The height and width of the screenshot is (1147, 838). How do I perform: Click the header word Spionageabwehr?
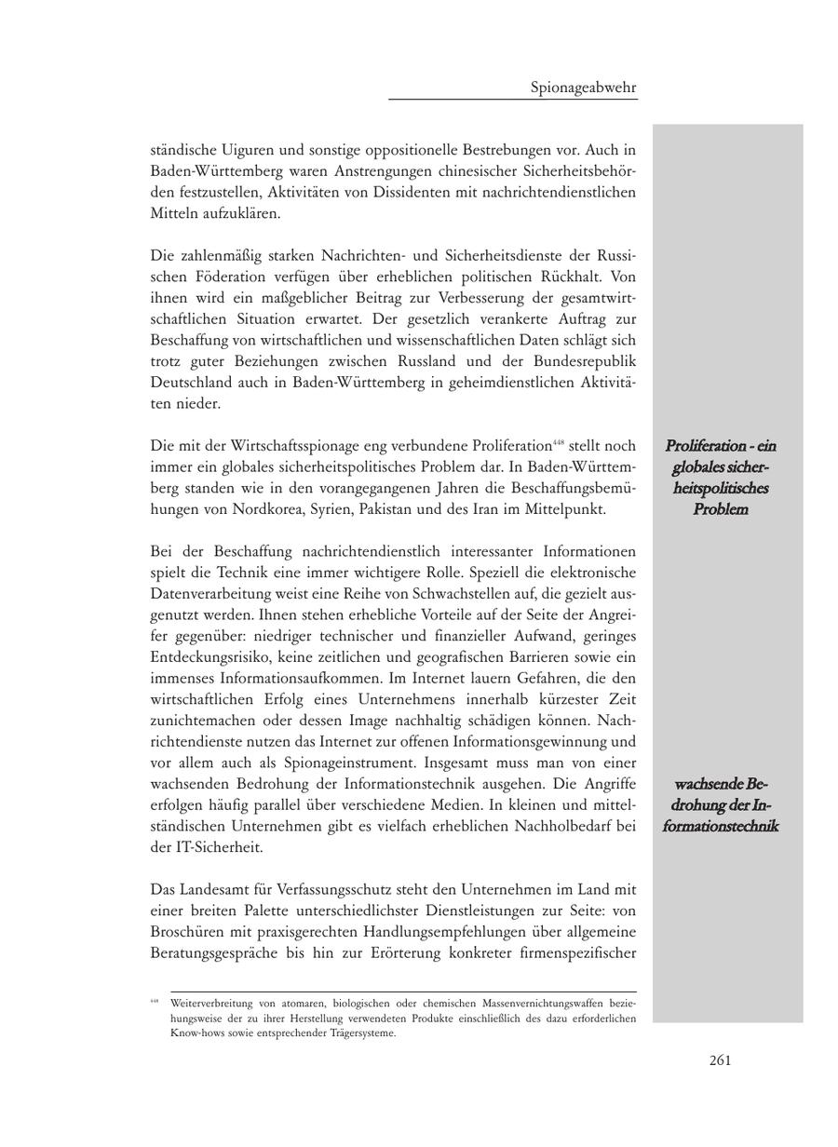584,88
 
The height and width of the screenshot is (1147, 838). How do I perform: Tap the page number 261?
720,1060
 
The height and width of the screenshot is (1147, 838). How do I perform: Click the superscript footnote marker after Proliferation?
559,442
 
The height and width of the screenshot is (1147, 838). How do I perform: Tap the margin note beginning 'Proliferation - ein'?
720,478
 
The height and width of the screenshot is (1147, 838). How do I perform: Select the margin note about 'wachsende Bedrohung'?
720,805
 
